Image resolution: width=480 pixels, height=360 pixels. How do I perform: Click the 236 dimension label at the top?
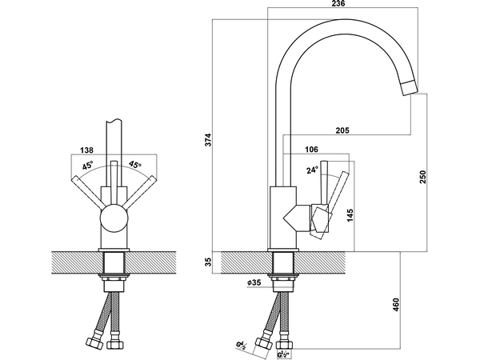coord(338,3)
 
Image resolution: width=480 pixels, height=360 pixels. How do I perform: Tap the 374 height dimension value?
coord(208,139)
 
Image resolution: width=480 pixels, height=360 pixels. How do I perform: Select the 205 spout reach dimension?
coord(342,130)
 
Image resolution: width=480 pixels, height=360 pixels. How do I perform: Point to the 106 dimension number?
coord(312,150)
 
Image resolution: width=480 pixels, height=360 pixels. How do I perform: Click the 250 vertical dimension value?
coord(422,177)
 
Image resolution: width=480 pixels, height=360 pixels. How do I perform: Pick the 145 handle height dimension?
coord(350,215)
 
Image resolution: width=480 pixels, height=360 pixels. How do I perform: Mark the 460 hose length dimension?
coord(396,305)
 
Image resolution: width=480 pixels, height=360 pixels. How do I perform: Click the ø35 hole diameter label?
coord(254,282)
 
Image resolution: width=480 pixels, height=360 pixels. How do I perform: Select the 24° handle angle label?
coord(313,170)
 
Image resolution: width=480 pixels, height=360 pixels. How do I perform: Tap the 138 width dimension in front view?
coord(86,150)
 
